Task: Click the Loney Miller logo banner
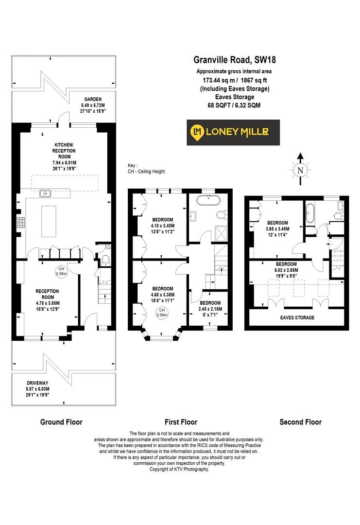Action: (233, 132)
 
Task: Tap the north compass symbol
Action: (300, 170)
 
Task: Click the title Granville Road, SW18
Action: (235, 60)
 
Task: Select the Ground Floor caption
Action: (61, 422)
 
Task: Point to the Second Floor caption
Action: (300, 422)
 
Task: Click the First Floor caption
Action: (181, 422)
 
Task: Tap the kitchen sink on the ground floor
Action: (45, 193)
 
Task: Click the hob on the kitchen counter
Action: (21, 223)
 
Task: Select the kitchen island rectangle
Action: (49, 221)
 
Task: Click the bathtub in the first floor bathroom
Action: (208, 201)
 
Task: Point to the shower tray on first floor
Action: (221, 233)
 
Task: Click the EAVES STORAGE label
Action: (297, 317)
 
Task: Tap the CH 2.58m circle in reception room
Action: (61, 271)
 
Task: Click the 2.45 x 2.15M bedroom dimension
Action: (210, 309)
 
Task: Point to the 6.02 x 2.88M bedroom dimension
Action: (286, 270)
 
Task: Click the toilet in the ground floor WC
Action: (105, 260)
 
